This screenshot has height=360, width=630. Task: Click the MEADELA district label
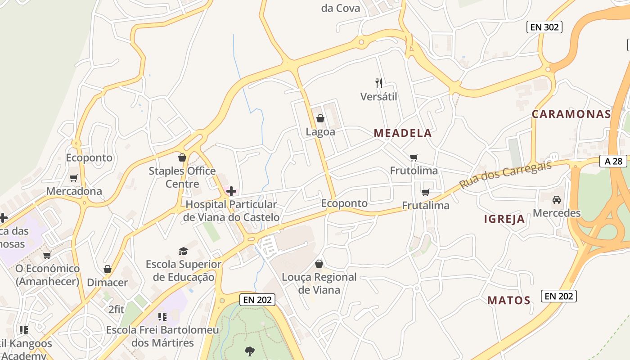(402, 133)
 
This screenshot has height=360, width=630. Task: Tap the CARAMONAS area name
(571, 114)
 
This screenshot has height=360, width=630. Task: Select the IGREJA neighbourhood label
(504, 219)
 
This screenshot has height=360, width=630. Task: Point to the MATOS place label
(508, 300)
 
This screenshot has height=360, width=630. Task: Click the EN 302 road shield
(544, 27)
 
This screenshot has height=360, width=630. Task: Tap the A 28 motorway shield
(613, 161)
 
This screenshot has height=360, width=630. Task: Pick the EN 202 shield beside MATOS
(558, 296)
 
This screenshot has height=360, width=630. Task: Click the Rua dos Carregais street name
(505, 175)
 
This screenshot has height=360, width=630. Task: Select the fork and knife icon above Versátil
(379, 83)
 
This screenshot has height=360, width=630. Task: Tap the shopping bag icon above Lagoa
(320, 118)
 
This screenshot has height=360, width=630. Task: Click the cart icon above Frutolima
(414, 157)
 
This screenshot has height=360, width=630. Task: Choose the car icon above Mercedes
(557, 199)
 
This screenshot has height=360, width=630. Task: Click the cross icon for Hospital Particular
(231, 191)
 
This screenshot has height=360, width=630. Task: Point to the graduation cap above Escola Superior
(183, 251)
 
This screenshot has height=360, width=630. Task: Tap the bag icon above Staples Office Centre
(182, 157)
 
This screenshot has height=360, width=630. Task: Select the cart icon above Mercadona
(74, 178)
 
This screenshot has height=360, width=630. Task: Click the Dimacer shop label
(107, 282)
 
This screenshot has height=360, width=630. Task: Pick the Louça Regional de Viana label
(319, 283)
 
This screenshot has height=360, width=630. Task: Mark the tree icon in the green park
(249, 351)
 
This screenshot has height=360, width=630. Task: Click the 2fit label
(116, 309)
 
